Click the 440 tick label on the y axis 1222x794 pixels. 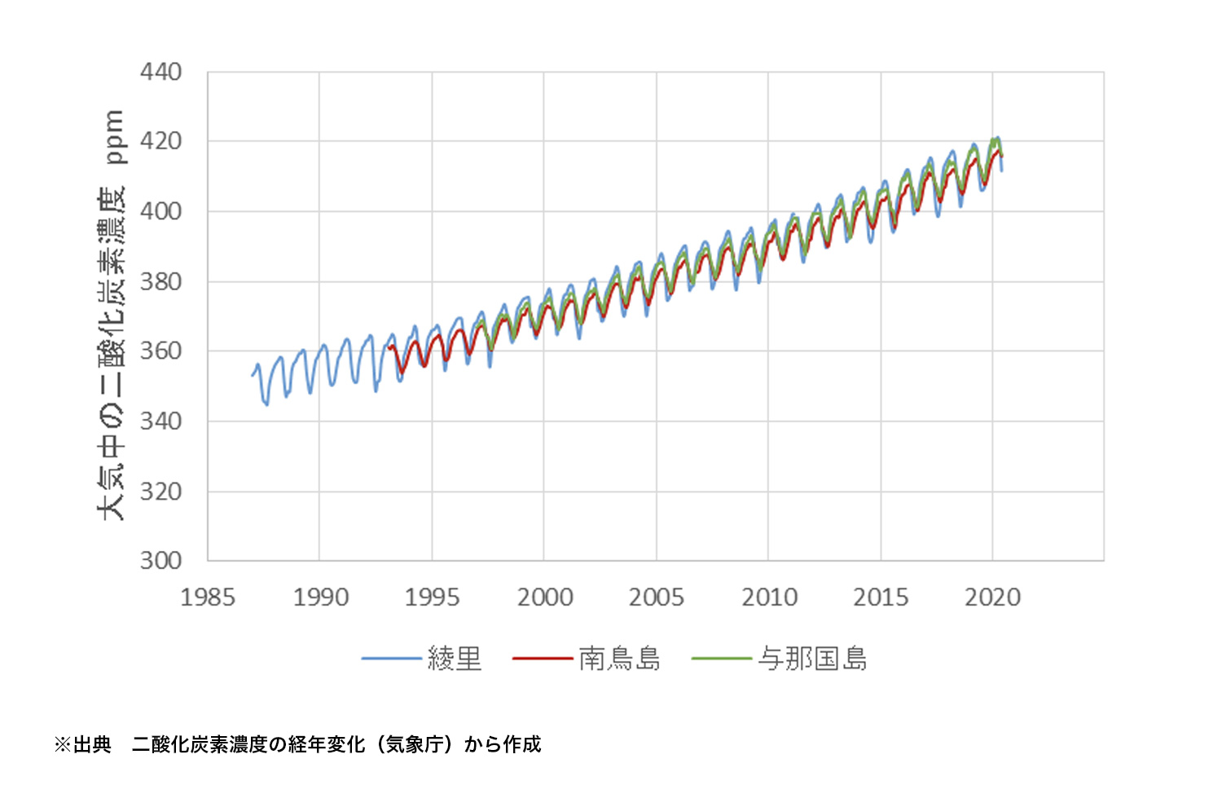click(x=160, y=73)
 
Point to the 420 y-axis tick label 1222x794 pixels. click(x=160, y=142)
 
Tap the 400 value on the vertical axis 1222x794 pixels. click(x=160, y=211)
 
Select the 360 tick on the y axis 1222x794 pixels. click(x=160, y=351)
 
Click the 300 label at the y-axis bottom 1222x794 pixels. click(x=160, y=561)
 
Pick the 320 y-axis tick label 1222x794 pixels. click(x=160, y=492)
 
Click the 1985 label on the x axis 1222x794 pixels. click(x=208, y=598)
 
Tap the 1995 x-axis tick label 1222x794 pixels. click(x=432, y=598)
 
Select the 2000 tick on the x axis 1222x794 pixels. click(x=544, y=598)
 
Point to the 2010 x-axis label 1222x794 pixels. click(x=769, y=598)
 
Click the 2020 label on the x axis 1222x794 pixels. click(x=992, y=598)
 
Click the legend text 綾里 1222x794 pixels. click(x=455, y=659)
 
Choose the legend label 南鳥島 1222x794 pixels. click(x=620, y=659)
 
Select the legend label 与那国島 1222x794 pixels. click(x=812, y=659)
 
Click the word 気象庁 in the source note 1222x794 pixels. click(x=415, y=744)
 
